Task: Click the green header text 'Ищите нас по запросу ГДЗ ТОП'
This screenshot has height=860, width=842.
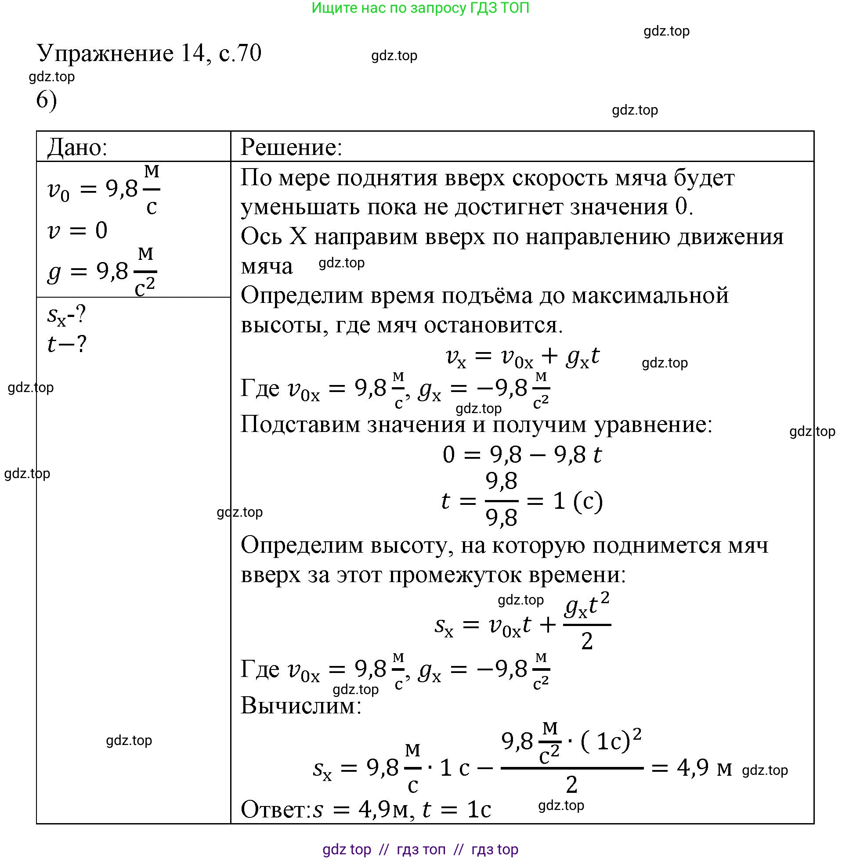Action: click(x=420, y=8)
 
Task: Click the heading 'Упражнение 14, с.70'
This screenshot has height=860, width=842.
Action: click(x=149, y=54)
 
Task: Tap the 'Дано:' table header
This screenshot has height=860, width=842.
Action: click(x=77, y=147)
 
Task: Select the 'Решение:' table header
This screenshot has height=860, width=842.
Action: click(x=291, y=147)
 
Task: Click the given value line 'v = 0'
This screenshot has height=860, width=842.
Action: click(x=77, y=230)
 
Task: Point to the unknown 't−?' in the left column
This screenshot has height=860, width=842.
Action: click(x=66, y=344)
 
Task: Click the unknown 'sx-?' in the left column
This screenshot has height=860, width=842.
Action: click(x=66, y=315)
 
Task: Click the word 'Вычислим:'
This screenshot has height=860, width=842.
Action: click(x=301, y=706)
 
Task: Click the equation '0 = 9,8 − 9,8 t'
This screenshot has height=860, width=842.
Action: click(x=522, y=455)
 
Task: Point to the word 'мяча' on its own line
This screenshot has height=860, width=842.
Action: click(x=267, y=266)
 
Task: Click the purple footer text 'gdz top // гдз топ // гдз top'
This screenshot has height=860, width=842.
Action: click(x=420, y=849)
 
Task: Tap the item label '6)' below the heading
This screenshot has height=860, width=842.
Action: click(x=47, y=101)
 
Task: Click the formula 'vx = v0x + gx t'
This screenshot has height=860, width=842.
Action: click(x=522, y=356)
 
